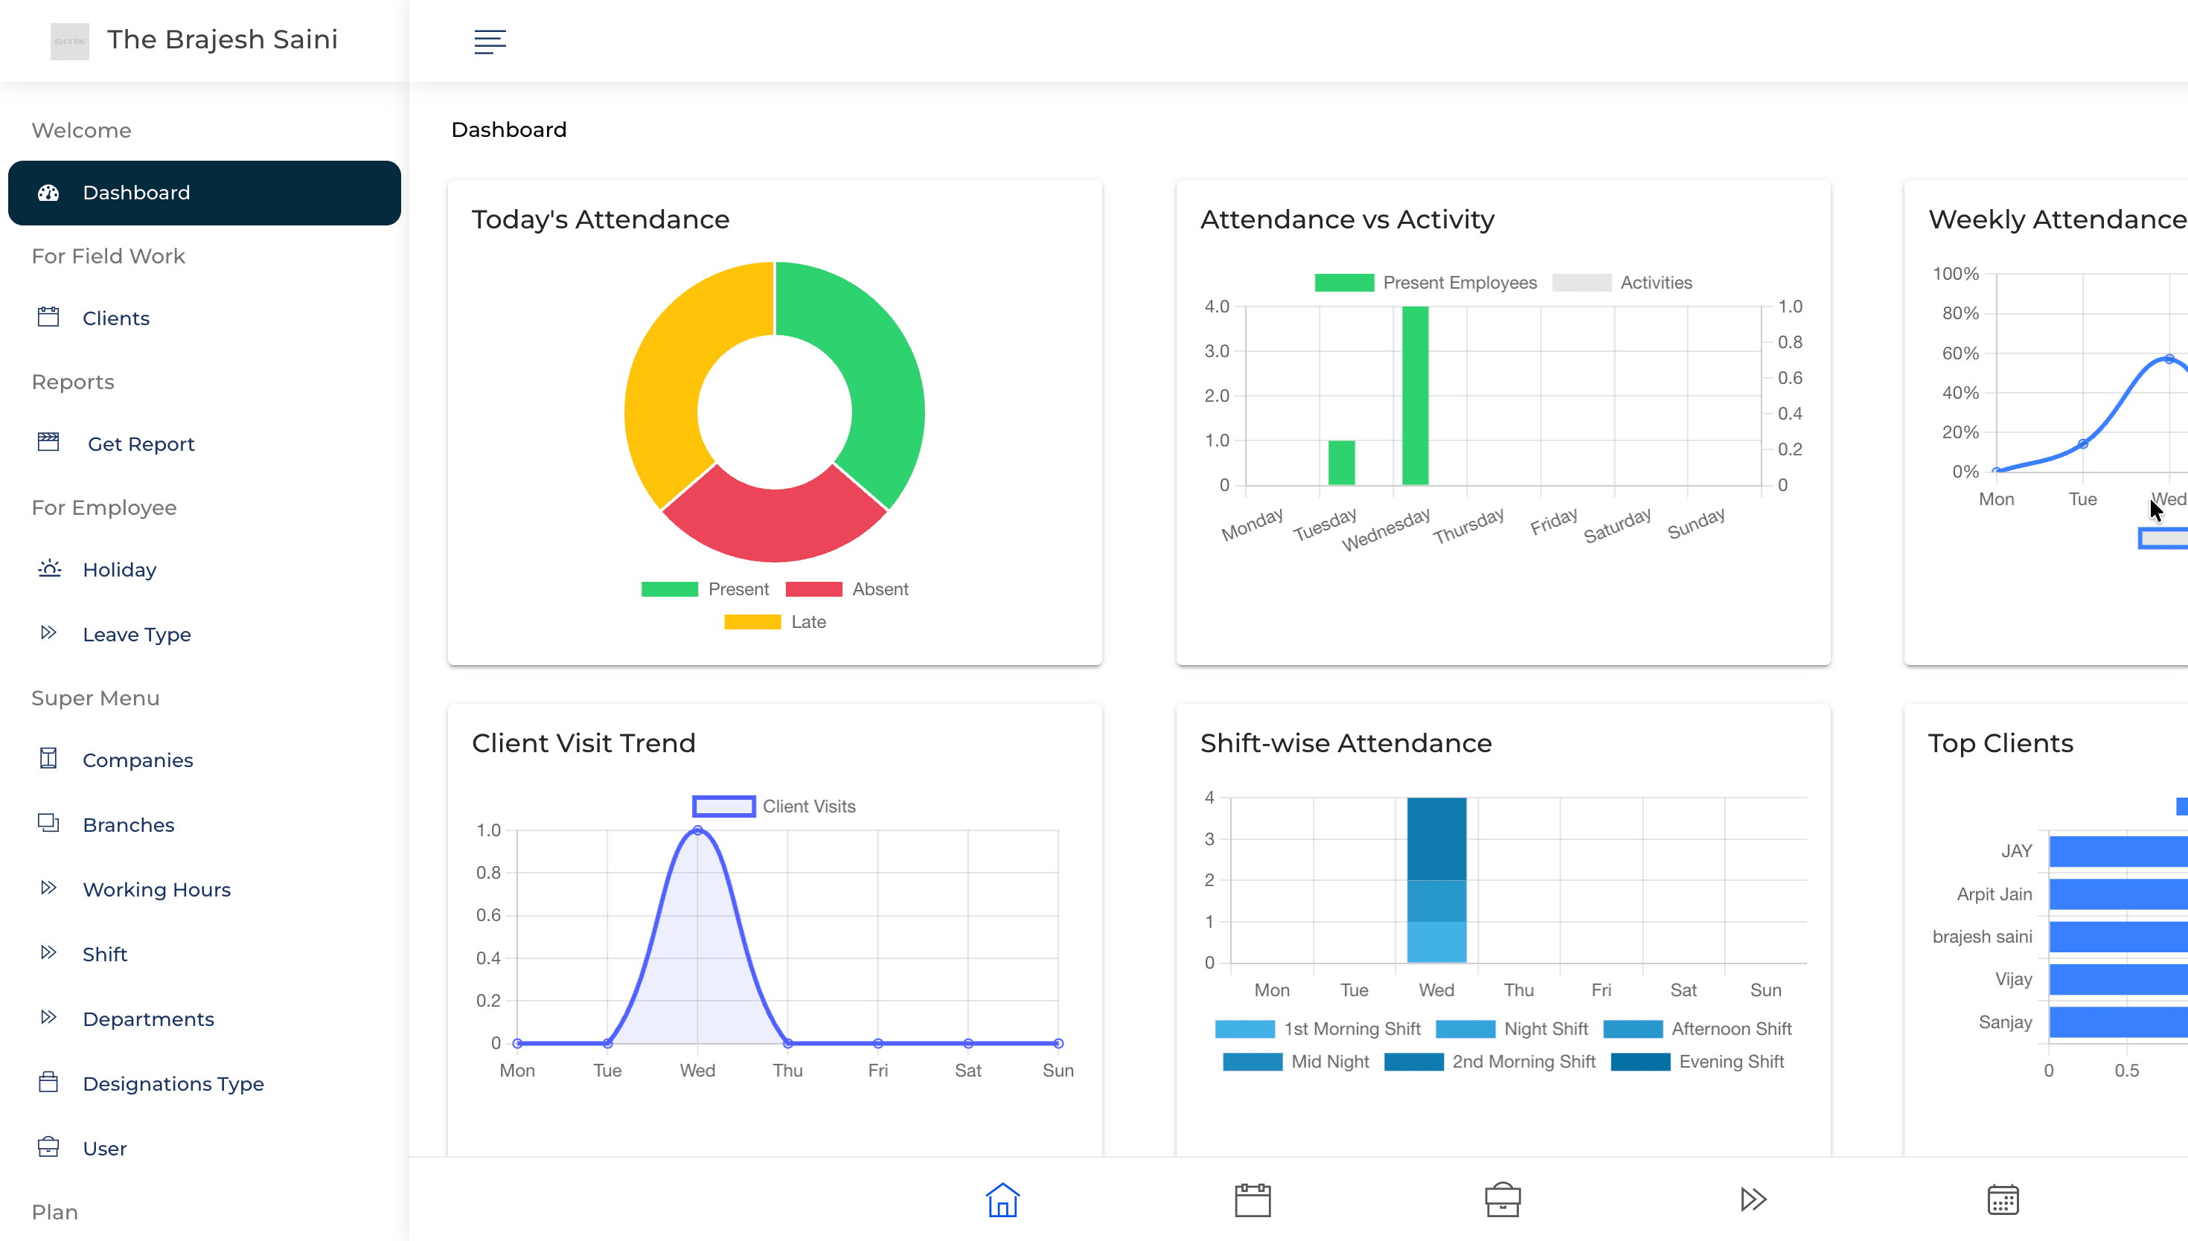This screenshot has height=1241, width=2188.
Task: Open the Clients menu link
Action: [x=116, y=318]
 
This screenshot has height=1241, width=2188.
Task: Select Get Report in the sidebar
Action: [x=141, y=444]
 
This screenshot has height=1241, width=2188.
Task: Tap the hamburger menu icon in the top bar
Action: [x=490, y=41]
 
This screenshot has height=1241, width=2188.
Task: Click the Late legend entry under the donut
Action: [x=775, y=622]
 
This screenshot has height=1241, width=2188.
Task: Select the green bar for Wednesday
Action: [x=1415, y=397]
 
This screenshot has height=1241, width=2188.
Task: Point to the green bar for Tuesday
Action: [x=1341, y=463]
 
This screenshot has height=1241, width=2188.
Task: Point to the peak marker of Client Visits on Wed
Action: [x=697, y=830]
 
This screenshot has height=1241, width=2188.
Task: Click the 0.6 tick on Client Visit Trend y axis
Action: [x=488, y=915]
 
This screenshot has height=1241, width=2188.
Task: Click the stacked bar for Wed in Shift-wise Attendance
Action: [x=1436, y=879]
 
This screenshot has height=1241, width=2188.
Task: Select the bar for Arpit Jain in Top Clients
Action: [x=2117, y=894]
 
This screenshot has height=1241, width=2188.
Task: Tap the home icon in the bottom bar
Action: [x=1002, y=1200]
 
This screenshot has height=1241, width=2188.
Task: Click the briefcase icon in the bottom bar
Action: [x=1502, y=1200]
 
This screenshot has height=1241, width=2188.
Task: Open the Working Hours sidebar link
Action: [x=156, y=890]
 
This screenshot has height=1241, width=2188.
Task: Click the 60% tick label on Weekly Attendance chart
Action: [x=1960, y=353]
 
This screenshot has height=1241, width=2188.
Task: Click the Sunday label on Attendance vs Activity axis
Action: [x=1696, y=523]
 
